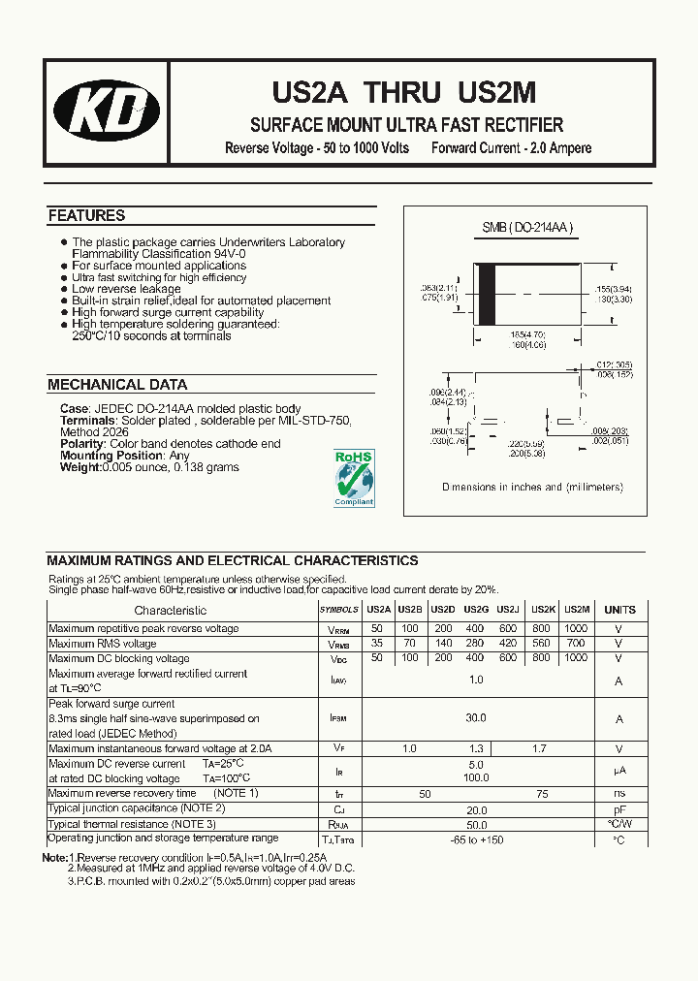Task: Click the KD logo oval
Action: pyautogui.click(x=107, y=110)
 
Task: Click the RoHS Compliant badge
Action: pyautogui.click(x=354, y=477)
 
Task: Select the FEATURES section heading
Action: pyautogui.click(x=86, y=215)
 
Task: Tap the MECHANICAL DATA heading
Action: pyautogui.click(x=117, y=385)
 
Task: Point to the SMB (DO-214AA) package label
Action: pyautogui.click(x=528, y=228)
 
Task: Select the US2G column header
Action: pyautogui.click(x=476, y=610)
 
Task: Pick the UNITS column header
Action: pyautogui.click(x=619, y=610)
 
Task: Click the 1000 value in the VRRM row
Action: pyautogui.click(x=576, y=628)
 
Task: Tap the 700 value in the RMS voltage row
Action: pyautogui.click(x=576, y=644)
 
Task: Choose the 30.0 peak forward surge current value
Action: pyautogui.click(x=476, y=718)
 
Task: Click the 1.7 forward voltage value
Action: pyautogui.click(x=539, y=748)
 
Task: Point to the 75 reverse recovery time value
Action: pyautogui.click(x=542, y=794)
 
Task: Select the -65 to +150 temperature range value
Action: pyautogui.click(x=476, y=839)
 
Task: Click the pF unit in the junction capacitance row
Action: pyautogui.click(x=619, y=808)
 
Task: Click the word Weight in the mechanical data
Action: pyautogui.click(x=79, y=467)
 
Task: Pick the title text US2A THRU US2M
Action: pyautogui.click(x=402, y=93)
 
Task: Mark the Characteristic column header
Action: pyautogui.click(x=171, y=610)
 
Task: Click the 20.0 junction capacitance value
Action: pyautogui.click(x=476, y=809)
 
